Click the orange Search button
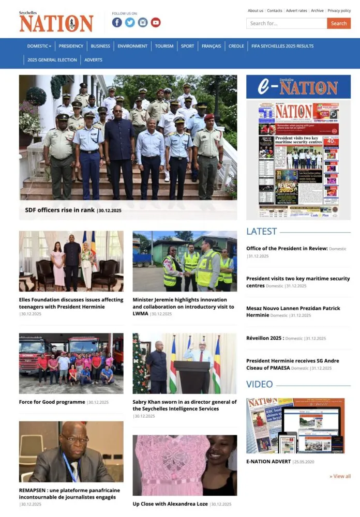[339, 23]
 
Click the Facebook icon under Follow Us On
[117, 22]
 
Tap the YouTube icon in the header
[156, 22]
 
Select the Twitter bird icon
[130, 22]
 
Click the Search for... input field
[287, 23]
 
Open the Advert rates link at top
[296, 10]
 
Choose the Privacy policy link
[339, 10]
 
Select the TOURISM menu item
[164, 46]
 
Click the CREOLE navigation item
[236, 46]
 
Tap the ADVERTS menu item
[93, 60]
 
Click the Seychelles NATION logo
[56, 22]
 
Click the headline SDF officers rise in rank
[60, 210]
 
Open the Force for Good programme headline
[52, 402]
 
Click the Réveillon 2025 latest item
[265, 338]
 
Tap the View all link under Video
[340, 476]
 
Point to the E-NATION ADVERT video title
[268, 461]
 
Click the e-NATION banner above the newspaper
[298, 87]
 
